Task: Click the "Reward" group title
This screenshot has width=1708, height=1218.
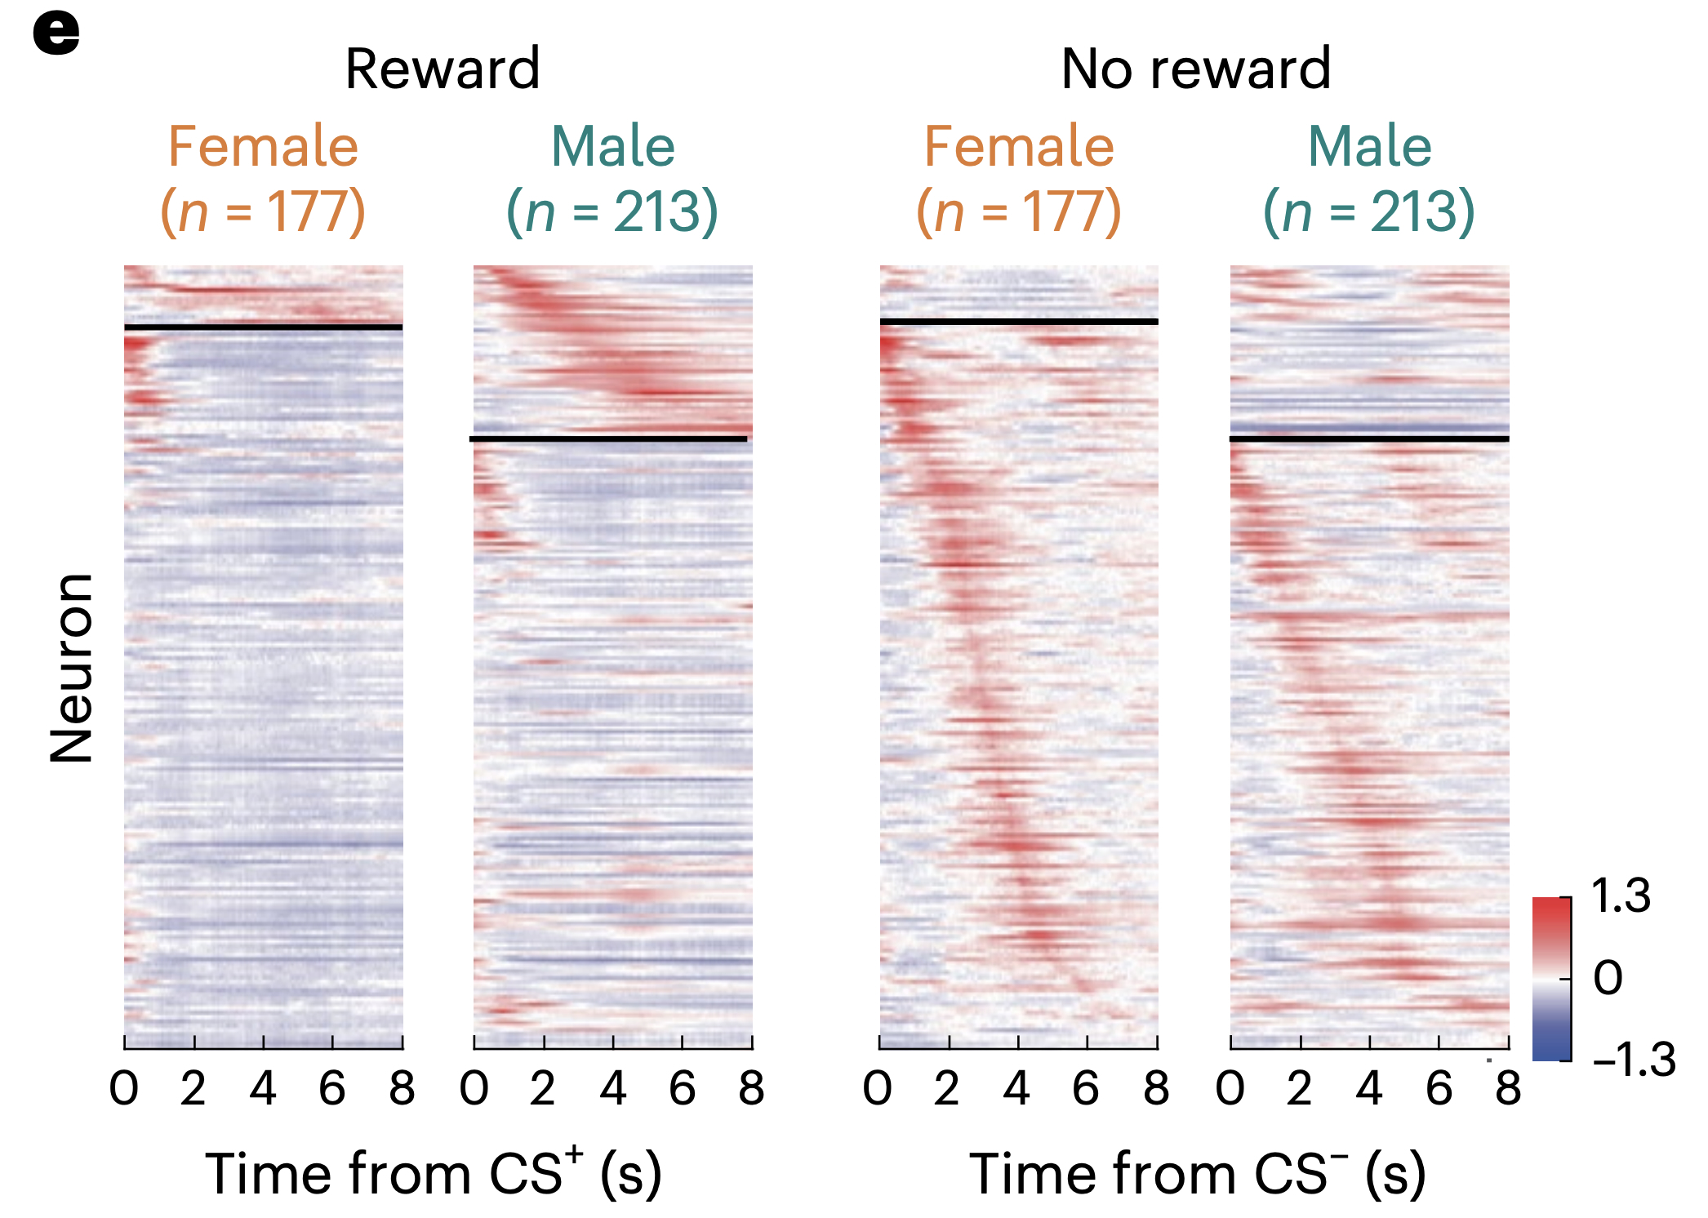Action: click(x=443, y=69)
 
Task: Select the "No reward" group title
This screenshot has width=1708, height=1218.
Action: click(x=1196, y=69)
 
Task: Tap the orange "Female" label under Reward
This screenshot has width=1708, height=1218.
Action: click(x=263, y=147)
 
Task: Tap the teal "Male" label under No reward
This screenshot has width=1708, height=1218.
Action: click(x=1370, y=147)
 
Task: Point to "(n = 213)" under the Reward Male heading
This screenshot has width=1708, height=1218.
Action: click(x=612, y=211)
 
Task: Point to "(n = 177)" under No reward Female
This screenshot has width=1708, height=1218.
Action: click(x=1019, y=211)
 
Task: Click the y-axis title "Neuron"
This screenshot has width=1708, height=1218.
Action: click(x=72, y=668)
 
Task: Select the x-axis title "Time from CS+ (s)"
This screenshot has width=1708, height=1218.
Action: click(x=434, y=1172)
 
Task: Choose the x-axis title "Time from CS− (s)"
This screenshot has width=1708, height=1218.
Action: click(x=1197, y=1172)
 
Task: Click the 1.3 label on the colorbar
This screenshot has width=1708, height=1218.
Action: click(x=1621, y=896)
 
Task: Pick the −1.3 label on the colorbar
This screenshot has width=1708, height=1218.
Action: click(x=1634, y=1060)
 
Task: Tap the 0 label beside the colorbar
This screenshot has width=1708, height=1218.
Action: click(x=1608, y=977)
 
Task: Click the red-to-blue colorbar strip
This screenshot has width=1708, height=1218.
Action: click(x=1551, y=979)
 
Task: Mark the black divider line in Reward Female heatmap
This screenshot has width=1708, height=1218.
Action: click(x=263, y=327)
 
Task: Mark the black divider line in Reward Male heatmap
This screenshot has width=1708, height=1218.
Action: click(x=608, y=439)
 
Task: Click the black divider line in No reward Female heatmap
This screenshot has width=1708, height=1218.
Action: click(x=1019, y=322)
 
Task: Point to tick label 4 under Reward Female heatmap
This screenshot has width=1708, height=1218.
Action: click(x=263, y=1088)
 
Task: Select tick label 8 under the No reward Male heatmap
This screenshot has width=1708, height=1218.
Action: click(x=1508, y=1088)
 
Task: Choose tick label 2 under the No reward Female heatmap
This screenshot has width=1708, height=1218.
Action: click(x=947, y=1088)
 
